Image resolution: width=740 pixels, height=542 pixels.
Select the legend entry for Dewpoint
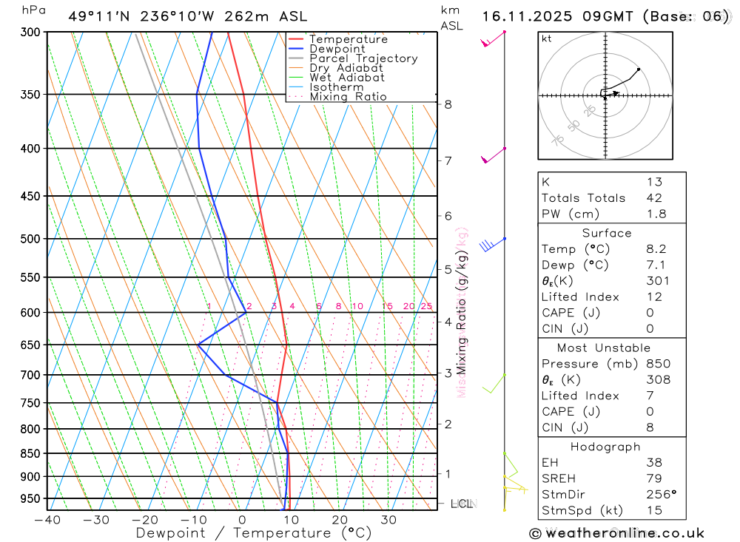coord(337,49)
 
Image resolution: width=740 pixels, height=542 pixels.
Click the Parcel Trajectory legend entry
coord(363,58)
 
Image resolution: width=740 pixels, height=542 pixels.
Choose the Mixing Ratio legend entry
coord(348,97)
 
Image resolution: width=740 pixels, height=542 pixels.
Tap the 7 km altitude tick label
coord(448,160)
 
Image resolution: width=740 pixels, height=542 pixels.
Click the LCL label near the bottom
coord(462,504)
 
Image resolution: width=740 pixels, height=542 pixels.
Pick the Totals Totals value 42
coord(654,198)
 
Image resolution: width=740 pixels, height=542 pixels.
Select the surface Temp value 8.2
coord(656,249)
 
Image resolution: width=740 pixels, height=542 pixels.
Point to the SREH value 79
coord(654,478)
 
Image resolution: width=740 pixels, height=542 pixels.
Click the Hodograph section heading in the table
coord(605,447)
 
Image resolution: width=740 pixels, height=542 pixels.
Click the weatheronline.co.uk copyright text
coord(616,533)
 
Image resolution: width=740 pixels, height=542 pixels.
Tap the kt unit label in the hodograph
coord(546,38)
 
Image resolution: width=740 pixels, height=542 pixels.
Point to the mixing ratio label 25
coord(426,306)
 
